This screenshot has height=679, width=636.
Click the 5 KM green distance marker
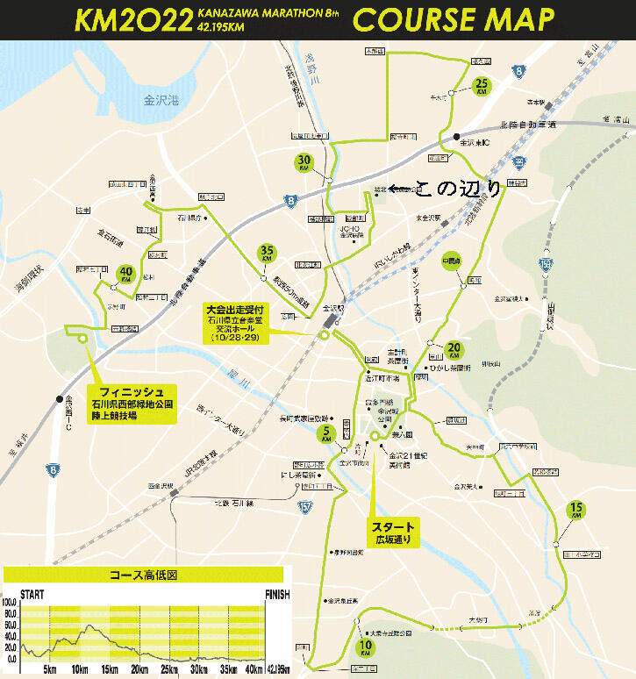[326, 432]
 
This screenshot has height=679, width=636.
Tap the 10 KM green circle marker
[366, 648]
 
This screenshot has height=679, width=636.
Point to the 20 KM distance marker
[454, 350]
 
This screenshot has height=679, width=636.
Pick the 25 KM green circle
[482, 86]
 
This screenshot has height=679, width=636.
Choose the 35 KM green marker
[268, 254]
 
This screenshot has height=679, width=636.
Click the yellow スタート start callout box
[392, 532]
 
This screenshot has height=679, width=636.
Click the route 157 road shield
[304, 506]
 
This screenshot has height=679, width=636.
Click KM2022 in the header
[133, 19]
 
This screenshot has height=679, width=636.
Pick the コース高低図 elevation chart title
[143, 576]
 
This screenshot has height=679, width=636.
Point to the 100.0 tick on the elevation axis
[10, 604]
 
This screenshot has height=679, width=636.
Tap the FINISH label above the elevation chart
[277, 594]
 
